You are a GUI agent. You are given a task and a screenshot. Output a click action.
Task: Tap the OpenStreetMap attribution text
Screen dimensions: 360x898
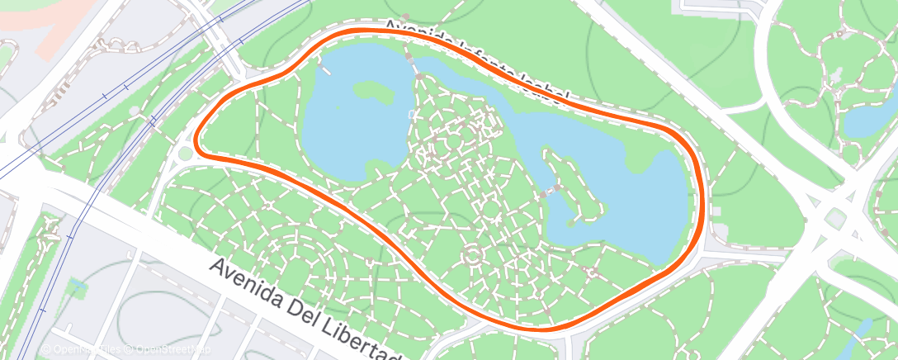(x=173, y=350)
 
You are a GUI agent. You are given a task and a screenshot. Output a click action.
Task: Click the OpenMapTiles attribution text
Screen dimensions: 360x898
(x=83, y=350)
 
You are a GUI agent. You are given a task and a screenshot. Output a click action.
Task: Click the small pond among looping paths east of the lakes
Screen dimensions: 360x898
(x=867, y=120)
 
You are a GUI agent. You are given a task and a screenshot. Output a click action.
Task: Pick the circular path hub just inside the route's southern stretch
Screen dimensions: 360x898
(x=473, y=255)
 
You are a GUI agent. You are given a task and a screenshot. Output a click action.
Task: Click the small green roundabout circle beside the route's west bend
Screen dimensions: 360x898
(x=185, y=154)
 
